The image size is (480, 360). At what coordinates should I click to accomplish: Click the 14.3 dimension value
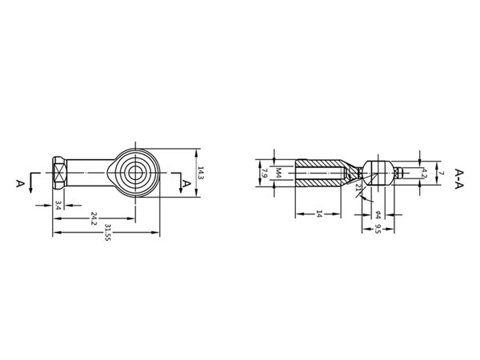(201, 173)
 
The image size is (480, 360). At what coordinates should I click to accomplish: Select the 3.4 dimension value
(58, 205)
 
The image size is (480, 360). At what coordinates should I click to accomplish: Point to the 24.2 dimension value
(94, 218)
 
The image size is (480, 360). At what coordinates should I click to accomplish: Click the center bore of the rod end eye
(134, 171)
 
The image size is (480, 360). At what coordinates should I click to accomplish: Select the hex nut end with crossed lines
(58, 172)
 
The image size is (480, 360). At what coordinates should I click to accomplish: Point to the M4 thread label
(278, 173)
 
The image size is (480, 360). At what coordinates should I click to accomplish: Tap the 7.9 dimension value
(264, 173)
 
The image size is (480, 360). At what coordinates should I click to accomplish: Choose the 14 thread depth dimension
(318, 214)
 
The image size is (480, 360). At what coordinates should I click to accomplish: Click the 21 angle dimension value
(358, 188)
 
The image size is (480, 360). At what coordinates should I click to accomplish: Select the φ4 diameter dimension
(377, 214)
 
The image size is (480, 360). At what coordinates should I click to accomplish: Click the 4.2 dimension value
(424, 172)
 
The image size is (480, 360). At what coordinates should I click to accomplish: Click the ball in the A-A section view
(377, 172)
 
